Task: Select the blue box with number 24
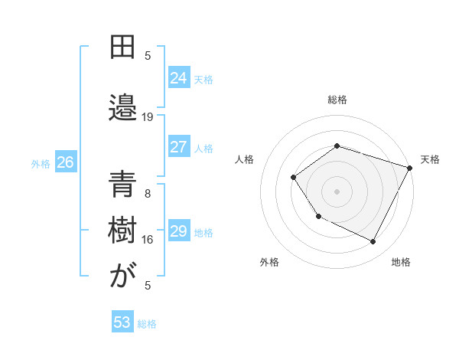click(179, 77)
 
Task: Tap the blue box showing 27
click(179, 147)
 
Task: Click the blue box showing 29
click(179, 231)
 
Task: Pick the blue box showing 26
click(65, 162)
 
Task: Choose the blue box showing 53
click(122, 322)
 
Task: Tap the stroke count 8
click(148, 194)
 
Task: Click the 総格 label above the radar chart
click(337, 100)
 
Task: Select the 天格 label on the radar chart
click(430, 159)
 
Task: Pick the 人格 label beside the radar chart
click(244, 159)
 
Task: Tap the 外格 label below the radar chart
click(269, 262)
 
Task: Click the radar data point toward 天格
click(411, 167)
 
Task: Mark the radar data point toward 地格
click(373, 242)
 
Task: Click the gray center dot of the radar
click(337, 191)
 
